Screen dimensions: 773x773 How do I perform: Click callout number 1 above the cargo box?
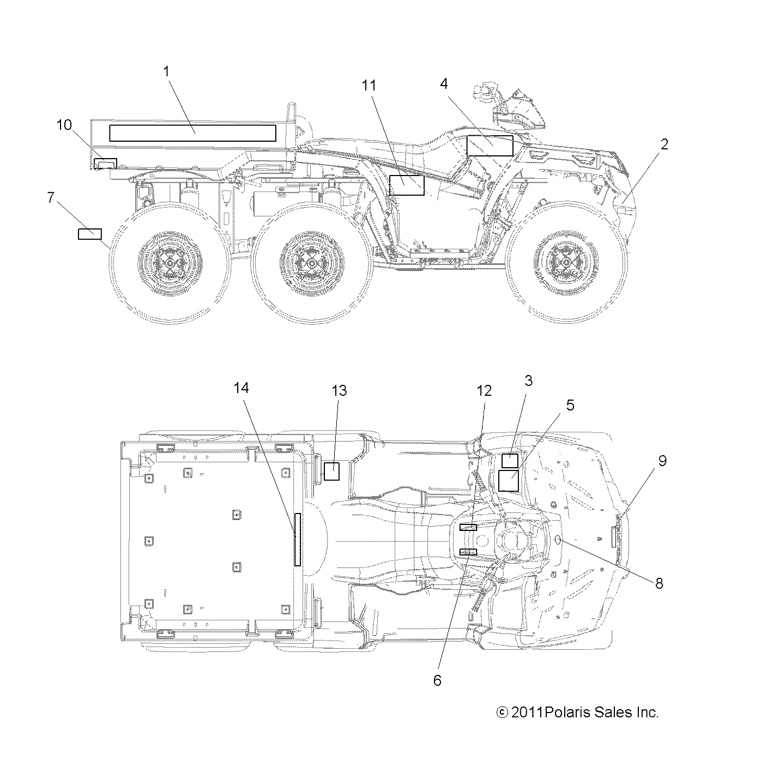click(x=167, y=71)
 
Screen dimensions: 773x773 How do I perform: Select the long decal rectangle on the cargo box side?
click(x=192, y=133)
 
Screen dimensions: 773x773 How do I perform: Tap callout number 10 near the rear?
click(x=64, y=125)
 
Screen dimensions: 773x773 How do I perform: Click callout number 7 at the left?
click(x=51, y=197)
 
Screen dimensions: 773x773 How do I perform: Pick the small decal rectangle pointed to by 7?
click(x=89, y=234)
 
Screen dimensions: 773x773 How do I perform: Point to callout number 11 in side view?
click(x=369, y=86)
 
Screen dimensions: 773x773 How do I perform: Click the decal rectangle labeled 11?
click(x=406, y=185)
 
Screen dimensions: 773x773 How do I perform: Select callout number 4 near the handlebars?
click(x=444, y=83)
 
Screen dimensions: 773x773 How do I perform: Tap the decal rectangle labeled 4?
click(x=490, y=146)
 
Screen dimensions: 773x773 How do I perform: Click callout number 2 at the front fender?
click(x=664, y=144)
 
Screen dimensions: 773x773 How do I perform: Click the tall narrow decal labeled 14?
click(x=298, y=539)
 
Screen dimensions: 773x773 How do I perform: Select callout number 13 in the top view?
click(x=339, y=390)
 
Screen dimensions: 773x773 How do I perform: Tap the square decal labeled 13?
click(x=331, y=471)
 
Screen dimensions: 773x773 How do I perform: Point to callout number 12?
click(x=484, y=390)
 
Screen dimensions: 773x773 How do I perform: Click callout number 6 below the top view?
click(x=437, y=680)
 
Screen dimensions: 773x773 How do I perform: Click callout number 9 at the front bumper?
click(x=662, y=461)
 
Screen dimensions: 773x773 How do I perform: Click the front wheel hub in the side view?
click(x=566, y=264)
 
